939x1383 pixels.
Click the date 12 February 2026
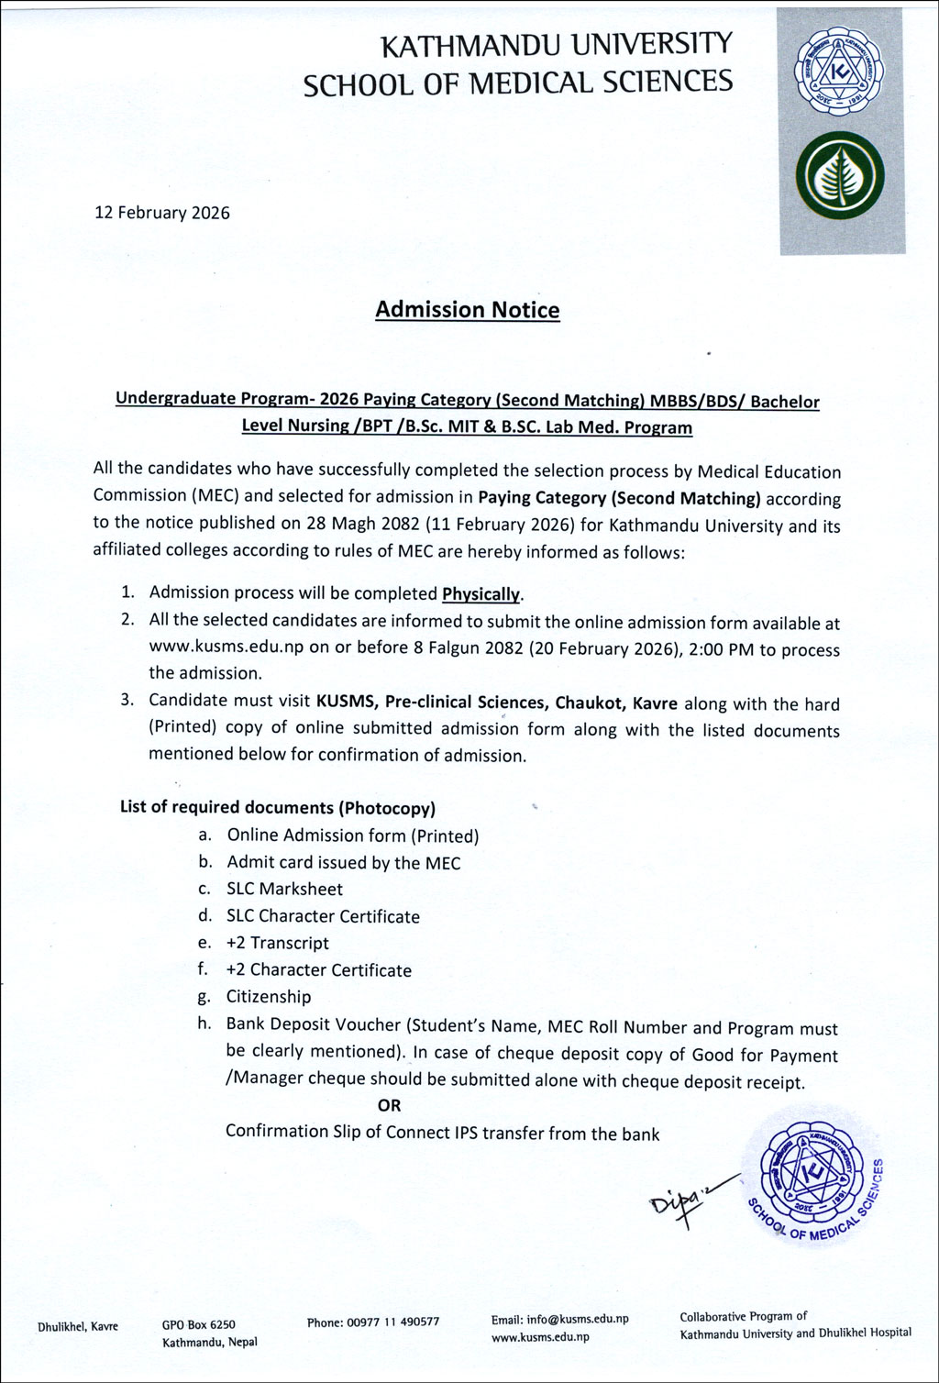click(x=162, y=213)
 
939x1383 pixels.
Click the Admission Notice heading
click(x=467, y=310)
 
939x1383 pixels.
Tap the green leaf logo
click(x=840, y=177)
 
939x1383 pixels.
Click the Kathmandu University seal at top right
click(x=840, y=71)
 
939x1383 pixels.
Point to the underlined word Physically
click(x=481, y=594)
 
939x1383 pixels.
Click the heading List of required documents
click(x=277, y=808)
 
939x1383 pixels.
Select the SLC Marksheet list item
click(x=284, y=890)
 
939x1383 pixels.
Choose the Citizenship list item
click(x=269, y=997)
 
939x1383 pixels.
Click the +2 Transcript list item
click(x=277, y=943)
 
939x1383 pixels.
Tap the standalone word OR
click(x=389, y=1106)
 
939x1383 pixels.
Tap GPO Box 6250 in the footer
click(x=199, y=1324)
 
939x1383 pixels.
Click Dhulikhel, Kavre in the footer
click(x=78, y=1326)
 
